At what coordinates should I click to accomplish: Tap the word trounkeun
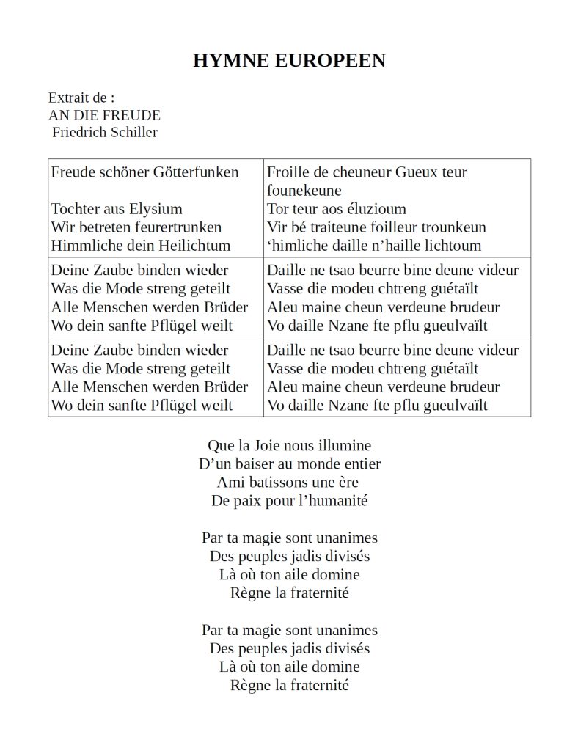tap(453, 227)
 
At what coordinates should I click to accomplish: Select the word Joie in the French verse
tap(268, 445)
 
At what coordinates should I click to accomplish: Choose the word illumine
tap(345, 445)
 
